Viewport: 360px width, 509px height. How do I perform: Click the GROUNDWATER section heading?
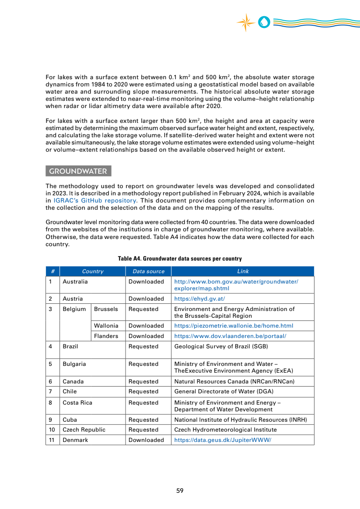coord(78,171)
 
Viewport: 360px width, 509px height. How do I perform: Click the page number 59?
coord(180,491)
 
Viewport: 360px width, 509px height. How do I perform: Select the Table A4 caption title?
coord(180,259)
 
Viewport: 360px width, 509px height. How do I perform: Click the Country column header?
coord(93,271)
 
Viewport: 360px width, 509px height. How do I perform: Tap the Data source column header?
coord(148,271)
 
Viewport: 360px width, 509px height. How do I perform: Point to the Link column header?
coord(243,271)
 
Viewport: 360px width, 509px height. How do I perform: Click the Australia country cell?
coord(75,282)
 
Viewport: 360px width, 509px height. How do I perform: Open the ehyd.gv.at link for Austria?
coord(199,299)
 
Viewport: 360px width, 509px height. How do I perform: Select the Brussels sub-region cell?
coord(106,309)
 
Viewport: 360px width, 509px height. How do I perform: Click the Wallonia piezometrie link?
coord(234,326)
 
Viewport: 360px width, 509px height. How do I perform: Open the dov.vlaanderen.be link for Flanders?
coord(230,336)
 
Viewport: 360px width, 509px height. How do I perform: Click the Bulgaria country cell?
coord(74,364)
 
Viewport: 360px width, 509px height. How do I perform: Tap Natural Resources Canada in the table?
coord(234,382)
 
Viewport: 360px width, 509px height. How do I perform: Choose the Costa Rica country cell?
coord(77,403)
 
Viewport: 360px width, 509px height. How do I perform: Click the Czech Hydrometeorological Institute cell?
coord(225,430)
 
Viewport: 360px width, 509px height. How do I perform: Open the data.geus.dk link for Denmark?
coord(222,440)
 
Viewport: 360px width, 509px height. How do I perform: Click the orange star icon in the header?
coord(246,22)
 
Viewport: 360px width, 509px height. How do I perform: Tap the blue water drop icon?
coord(264,22)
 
